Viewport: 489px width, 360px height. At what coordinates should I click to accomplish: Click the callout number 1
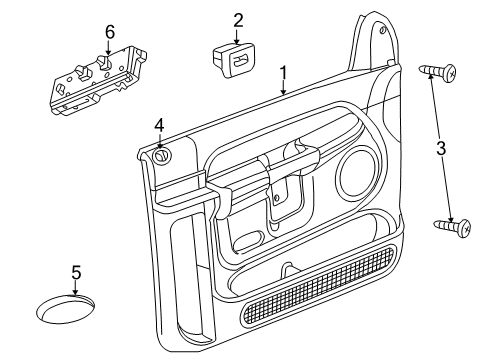(283, 72)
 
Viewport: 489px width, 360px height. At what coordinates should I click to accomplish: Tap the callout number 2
(237, 19)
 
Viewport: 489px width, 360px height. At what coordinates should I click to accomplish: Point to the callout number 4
(159, 124)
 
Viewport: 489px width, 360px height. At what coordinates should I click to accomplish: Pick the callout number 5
(76, 272)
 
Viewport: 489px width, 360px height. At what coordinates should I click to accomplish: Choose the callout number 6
(110, 32)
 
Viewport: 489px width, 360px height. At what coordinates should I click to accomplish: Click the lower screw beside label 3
(452, 227)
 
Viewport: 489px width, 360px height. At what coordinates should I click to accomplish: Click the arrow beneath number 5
(76, 291)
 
